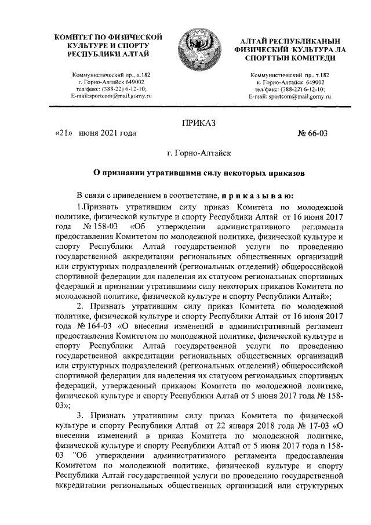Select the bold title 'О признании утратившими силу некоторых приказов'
197,173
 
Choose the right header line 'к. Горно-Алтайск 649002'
286,82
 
